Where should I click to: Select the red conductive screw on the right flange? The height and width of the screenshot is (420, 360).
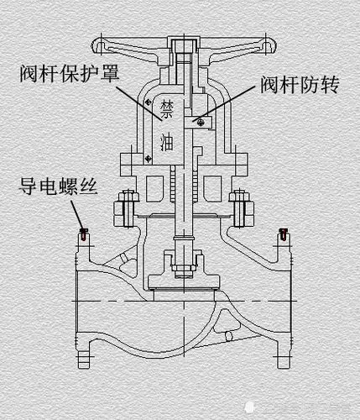click(x=282, y=234)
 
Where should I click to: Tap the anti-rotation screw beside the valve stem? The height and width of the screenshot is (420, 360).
click(x=199, y=123)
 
